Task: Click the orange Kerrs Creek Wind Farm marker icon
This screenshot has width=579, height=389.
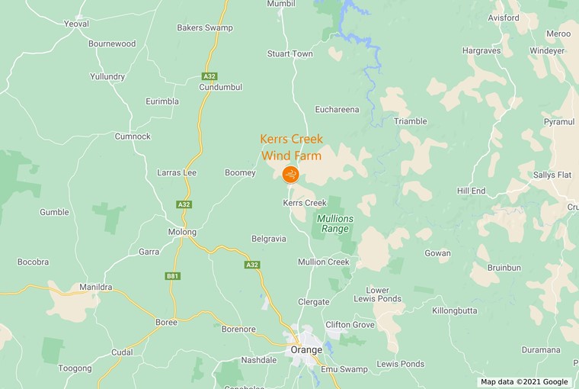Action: (290, 175)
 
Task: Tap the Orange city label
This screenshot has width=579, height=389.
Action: (306, 349)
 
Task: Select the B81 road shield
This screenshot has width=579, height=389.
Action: (172, 276)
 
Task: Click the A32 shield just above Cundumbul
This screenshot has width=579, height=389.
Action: (210, 76)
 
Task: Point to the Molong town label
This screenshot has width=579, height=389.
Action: (182, 232)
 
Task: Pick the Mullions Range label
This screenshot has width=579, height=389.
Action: (335, 223)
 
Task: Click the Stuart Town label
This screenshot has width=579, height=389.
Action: (289, 54)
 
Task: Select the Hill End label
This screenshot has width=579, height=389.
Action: (471, 191)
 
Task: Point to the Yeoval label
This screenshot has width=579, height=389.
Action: (76, 24)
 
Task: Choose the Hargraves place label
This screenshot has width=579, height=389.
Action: (481, 50)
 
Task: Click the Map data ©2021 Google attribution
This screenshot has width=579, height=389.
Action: (524, 382)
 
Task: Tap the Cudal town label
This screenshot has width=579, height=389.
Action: (122, 352)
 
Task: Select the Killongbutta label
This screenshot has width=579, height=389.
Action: (455, 310)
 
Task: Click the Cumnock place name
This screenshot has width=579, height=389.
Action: (133, 137)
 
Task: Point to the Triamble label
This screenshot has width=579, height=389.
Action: (410, 121)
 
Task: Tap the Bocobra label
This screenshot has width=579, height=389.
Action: (34, 262)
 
